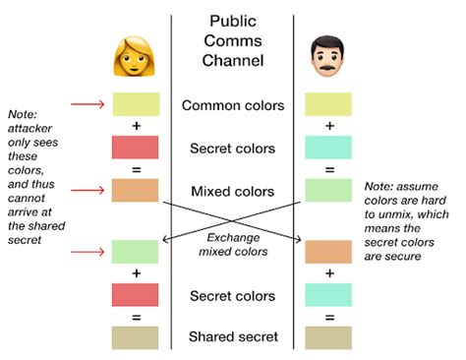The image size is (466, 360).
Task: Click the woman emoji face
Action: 136,58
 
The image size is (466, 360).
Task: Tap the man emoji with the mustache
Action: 328,58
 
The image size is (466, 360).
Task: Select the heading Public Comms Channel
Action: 233,40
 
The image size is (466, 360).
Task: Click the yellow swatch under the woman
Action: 136,104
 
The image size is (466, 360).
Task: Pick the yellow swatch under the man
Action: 328,104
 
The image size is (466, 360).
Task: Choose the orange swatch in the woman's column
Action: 136,191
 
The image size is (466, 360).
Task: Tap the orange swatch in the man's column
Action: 328,252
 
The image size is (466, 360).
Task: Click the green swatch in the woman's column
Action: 136,252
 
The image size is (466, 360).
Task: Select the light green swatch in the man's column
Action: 328,191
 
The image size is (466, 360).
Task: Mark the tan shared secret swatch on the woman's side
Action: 136,338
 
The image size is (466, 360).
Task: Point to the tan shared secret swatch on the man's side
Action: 328,338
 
